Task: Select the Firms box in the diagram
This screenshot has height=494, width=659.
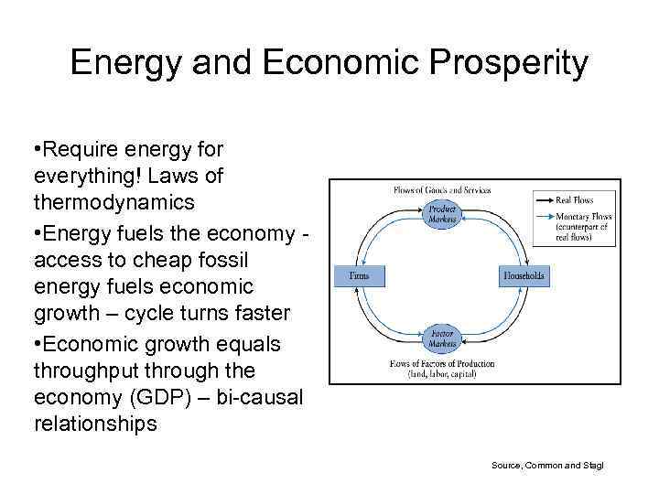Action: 360,275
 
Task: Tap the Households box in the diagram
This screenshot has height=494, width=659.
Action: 524,275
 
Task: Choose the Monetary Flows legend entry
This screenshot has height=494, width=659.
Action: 583,218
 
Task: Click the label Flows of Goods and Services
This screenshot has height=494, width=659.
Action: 442,190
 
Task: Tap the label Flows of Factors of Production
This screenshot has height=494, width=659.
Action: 442,363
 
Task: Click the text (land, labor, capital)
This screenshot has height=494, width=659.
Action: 442,373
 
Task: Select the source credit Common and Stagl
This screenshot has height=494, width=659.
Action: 547,466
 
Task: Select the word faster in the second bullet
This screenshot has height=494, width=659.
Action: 258,313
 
